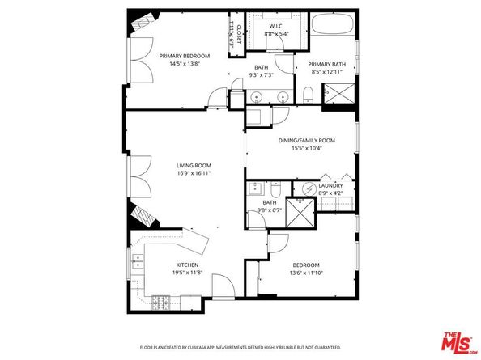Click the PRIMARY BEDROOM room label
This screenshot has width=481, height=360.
click(184, 56)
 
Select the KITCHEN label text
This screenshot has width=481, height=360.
click(189, 265)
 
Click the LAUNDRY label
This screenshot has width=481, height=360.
click(330, 185)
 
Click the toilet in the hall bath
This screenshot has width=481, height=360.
click(275, 190)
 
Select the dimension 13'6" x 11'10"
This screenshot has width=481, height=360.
click(306, 273)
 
